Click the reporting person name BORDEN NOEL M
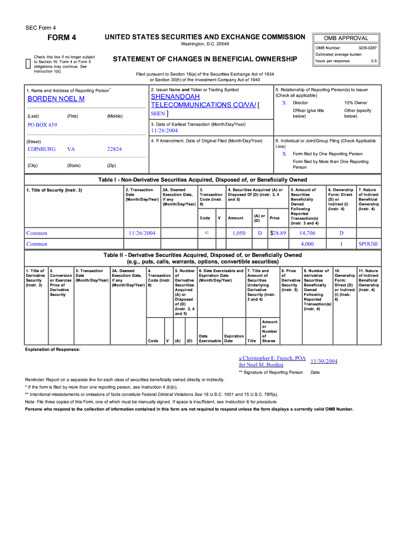(x=56, y=99)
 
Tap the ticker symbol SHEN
(x=158, y=113)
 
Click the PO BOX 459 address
(x=42, y=125)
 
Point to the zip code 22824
(x=114, y=149)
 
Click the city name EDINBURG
(x=41, y=149)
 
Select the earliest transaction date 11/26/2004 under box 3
(x=165, y=130)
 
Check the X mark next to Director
(x=284, y=103)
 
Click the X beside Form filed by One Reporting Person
(x=284, y=154)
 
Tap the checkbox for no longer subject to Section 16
(x=28, y=64)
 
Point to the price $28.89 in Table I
(x=278, y=233)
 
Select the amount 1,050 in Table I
(x=239, y=233)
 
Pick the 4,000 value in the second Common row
(x=307, y=244)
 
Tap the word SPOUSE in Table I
(x=368, y=244)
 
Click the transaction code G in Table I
(x=207, y=233)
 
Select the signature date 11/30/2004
(x=324, y=361)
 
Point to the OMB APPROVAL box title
(x=346, y=38)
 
